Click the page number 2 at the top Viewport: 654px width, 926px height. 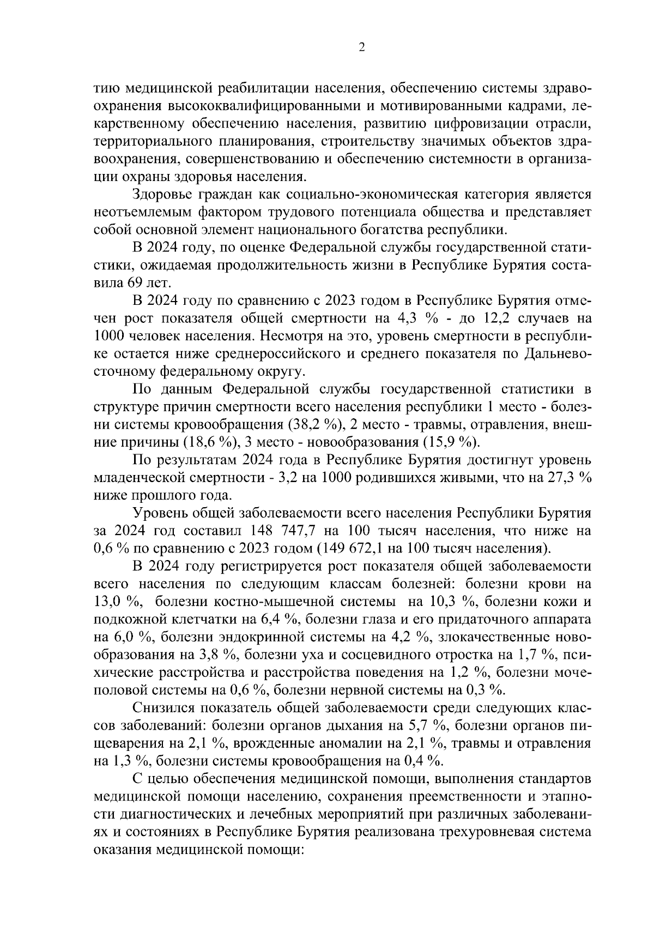point(361,47)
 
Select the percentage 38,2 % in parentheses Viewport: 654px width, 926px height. point(308,424)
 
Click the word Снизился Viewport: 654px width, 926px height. point(163,708)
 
